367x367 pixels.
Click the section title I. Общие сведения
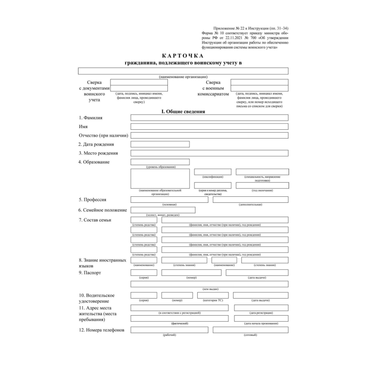pos(183,111)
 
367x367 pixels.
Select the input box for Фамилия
pos(209,118)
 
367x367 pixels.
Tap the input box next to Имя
pos(209,127)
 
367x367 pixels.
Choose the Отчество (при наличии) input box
pos(209,135)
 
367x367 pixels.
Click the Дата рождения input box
pos(160,144)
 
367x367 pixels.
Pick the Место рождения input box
pos(209,153)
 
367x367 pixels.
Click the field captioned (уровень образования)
pos(160,162)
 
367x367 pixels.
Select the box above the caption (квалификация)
pos(212,172)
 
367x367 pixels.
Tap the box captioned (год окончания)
pos(262,185)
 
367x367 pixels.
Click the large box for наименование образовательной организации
pos(160,178)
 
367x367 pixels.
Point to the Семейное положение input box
pos(163,210)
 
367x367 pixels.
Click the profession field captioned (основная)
pos(169,200)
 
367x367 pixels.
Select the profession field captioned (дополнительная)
pos(250,200)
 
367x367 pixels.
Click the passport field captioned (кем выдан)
pos(209,284)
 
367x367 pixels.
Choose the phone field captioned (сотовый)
pos(250,330)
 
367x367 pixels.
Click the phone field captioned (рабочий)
pos(169,330)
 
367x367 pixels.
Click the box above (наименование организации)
pos(183,71)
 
